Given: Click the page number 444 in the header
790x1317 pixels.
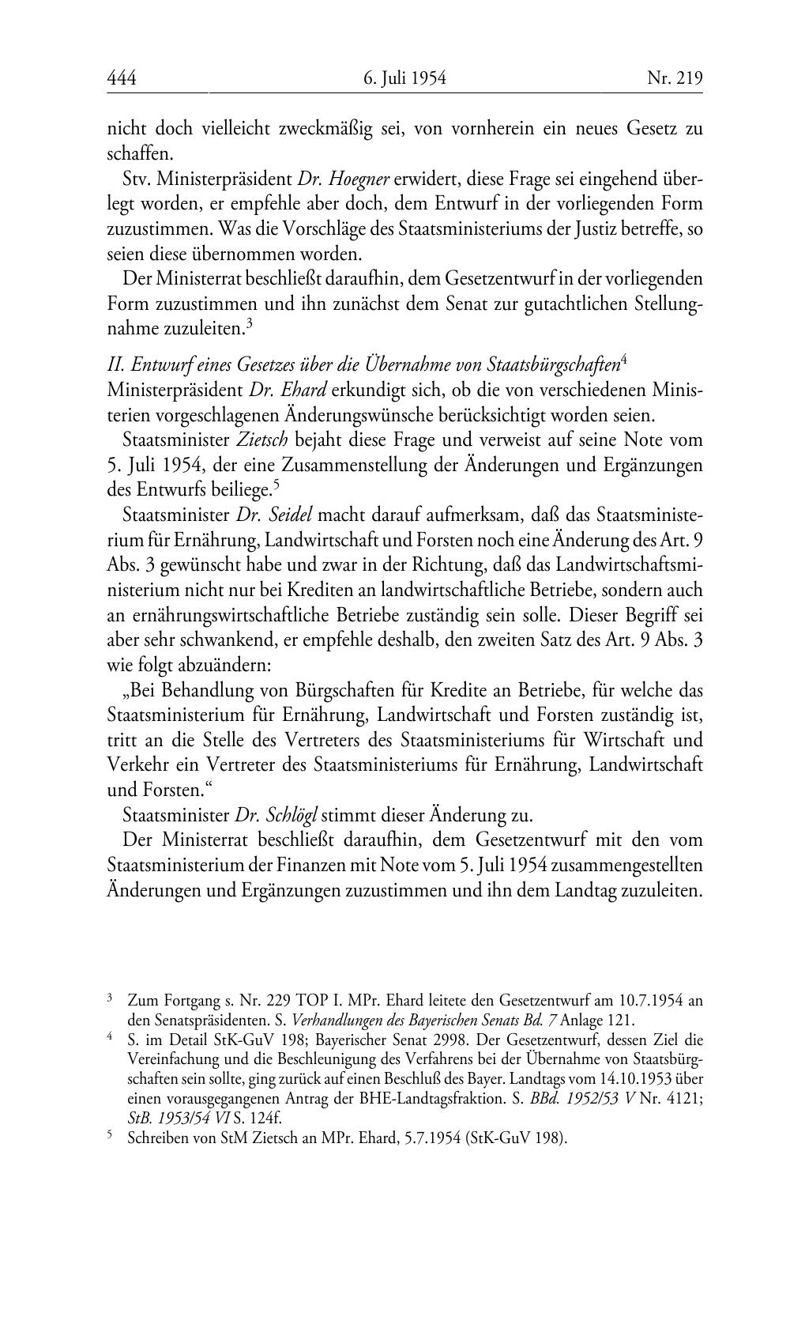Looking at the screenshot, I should click(x=122, y=77).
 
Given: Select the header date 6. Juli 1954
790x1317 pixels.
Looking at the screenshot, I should click(x=405, y=77).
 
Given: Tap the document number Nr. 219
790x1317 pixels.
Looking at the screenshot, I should click(x=675, y=77).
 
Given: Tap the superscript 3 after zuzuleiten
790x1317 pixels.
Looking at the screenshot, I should click(x=249, y=323).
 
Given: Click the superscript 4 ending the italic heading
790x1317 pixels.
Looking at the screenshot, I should click(x=624, y=360).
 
